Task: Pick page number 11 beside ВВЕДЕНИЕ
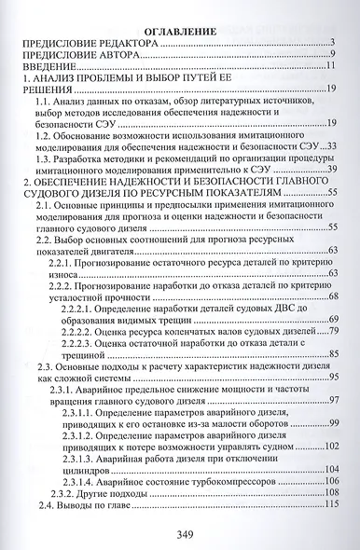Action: click(331, 68)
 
